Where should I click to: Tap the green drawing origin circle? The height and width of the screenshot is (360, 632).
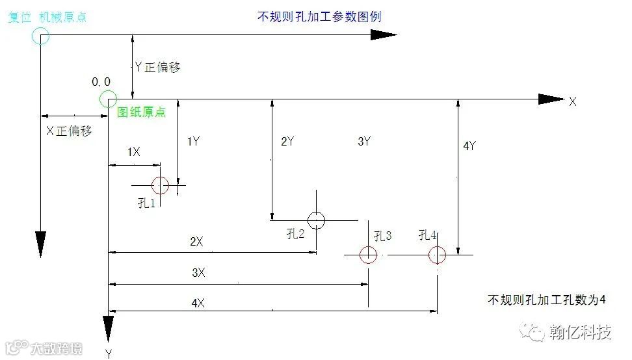point(108,99)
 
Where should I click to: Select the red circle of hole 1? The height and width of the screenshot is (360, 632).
point(160,186)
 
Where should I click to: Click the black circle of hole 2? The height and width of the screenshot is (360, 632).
point(316,220)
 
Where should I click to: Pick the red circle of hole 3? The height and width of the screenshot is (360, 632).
point(368,255)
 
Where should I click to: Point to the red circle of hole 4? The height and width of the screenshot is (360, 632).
point(437,255)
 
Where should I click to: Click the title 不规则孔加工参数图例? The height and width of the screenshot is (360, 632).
point(319,17)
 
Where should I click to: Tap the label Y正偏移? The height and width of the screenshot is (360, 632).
point(157,67)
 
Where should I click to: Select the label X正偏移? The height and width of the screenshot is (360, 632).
point(68,131)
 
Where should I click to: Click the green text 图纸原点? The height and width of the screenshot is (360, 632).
point(141,112)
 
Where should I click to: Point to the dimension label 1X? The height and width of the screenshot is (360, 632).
point(133,151)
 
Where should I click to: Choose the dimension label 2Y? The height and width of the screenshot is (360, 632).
point(288,141)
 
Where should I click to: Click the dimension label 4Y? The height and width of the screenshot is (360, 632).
point(469,146)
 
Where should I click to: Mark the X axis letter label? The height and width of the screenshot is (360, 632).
point(573,101)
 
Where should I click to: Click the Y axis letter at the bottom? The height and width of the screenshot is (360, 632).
point(109,353)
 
